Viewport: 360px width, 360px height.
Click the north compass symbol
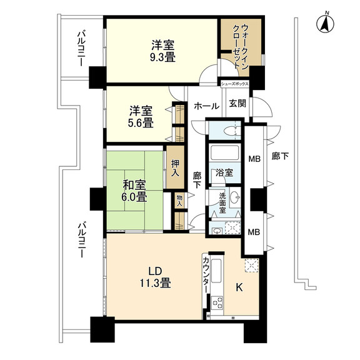pos(325,23)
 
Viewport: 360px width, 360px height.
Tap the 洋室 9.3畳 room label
pos(162,51)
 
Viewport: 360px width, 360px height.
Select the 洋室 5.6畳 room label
pos(141,117)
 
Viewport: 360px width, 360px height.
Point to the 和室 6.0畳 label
pos(134,191)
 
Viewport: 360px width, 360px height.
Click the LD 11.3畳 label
pos(156,277)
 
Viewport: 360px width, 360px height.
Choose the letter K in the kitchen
pos(239,287)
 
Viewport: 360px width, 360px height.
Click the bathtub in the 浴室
pos(224,152)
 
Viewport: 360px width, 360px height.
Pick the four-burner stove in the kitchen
pos(217,303)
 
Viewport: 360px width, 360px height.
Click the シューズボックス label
pos(234,84)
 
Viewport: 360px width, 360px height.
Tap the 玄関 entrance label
pos(237,103)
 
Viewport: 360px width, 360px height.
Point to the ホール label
pos(207,106)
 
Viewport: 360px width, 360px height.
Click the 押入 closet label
pos(175,168)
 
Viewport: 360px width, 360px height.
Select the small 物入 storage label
pos(179,201)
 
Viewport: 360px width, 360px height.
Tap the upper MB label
pos(254,159)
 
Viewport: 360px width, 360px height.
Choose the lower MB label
pos(254,232)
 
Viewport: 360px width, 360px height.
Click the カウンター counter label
pos(206,275)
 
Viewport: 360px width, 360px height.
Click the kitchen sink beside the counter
pos(216,271)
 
